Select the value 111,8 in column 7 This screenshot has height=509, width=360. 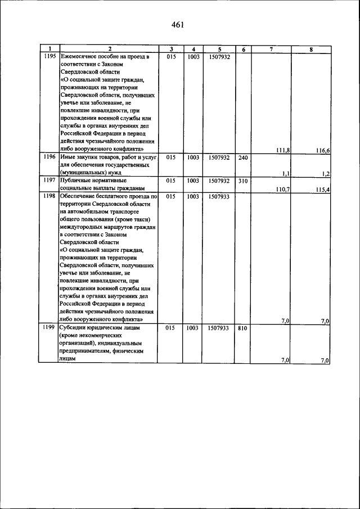283,150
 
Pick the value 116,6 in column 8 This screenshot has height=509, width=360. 322,150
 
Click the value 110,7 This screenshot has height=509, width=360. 283,190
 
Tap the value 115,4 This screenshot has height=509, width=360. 322,190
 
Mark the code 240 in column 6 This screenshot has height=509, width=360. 242,157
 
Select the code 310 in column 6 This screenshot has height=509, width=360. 242,181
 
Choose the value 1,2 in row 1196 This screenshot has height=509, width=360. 326,174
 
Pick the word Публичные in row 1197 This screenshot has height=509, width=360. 75,181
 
